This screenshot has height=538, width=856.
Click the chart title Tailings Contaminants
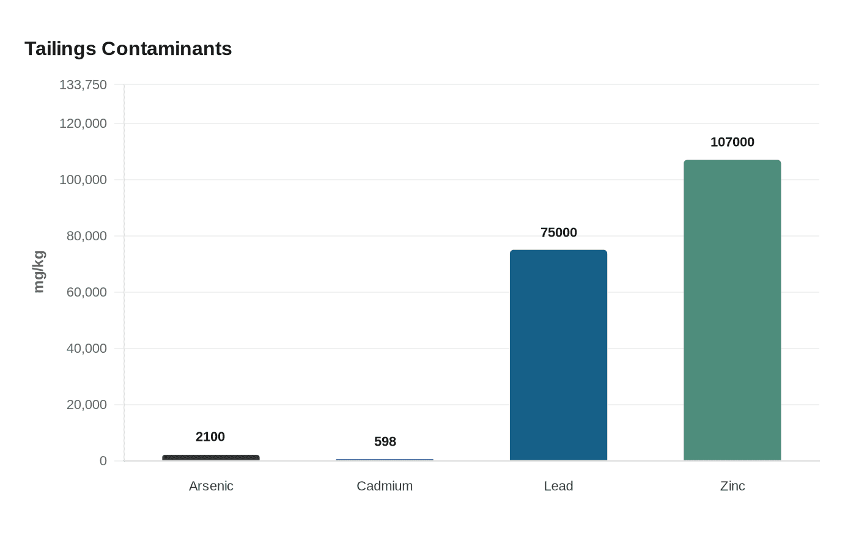(x=128, y=48)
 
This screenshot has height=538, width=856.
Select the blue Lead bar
(x=558, y=355)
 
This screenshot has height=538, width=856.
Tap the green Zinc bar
(x=732, y=310)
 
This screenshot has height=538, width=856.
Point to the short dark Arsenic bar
(x=211, y=457)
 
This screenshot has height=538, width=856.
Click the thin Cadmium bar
(x=385, y=460)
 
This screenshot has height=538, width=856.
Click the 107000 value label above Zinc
(x=732, y=142)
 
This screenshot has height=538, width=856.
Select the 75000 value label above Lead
(x=558, y=232)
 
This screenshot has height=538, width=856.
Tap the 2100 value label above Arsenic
(x=210, y=437)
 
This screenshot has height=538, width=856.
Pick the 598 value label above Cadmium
(x=385, y=441)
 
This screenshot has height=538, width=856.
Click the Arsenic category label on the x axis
(x=211, y=486)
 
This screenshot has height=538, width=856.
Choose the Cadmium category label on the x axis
(x=385, y=486)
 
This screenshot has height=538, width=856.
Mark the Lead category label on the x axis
(x=558, y=486)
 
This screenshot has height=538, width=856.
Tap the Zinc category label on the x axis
(x=732, y=486)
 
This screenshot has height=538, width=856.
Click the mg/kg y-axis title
(x=39, y=271)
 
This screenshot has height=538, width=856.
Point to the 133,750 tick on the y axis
(x=83, y=85)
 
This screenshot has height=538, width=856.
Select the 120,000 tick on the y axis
(x=83, y=123)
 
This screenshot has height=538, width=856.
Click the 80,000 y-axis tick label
(x=87, y=236)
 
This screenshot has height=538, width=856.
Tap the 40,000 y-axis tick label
(x=87, y=348)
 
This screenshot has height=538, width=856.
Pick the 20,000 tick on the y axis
(x=87, y=405)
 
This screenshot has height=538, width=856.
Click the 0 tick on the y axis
(x=103, y=461)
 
